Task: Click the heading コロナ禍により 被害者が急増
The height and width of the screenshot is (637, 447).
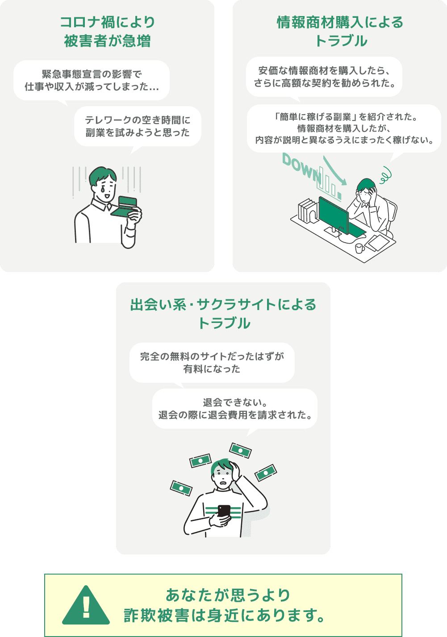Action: (x=107, y=32)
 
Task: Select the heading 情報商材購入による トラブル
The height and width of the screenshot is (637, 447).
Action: (x=340, y=32)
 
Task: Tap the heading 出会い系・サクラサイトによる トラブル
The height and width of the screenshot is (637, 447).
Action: (x=223, y=314)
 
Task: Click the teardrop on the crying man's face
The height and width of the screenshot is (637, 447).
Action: (x=102, y=189)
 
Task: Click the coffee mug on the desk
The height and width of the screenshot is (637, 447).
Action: (x=359, y=248)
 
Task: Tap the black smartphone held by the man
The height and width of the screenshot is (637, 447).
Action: (x=224, y=511)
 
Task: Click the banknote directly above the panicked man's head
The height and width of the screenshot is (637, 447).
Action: (x=240, y=451)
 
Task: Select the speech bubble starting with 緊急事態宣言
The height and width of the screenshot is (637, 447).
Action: (x=92, y=81)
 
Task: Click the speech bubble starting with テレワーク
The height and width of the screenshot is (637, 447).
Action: (x=138, y=127)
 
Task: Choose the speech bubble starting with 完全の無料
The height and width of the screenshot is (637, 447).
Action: (x=212, y=363)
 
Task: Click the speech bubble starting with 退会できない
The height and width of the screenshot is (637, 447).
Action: (x=234, y=409)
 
